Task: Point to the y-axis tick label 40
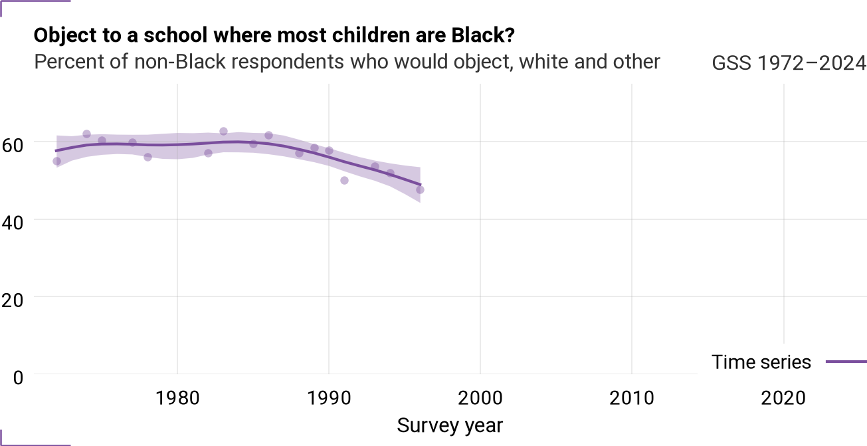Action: [x=12, y=223]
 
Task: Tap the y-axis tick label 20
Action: [x=12, y=300]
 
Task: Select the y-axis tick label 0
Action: [x=18, y=378]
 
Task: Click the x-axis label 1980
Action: [x=177, y=398]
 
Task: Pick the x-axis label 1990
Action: [x=329, y=398]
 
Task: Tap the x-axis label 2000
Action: [x=480, y=398]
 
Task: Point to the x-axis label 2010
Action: [x=632, y=398]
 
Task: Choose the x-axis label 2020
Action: [x=783, y=398]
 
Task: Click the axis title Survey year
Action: [x=450, y=425]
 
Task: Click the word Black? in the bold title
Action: [x=483, y=35]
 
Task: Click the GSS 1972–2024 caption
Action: [x=789, y=62]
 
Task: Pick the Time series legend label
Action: [x=761, y=362]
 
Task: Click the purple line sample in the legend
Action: [x=846, y=362]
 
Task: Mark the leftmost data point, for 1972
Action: [x=56, y=161]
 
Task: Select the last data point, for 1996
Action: [x=420, y=189]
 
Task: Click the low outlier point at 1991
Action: [x=344, y=180]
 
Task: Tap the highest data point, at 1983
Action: [x=223, y=131]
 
